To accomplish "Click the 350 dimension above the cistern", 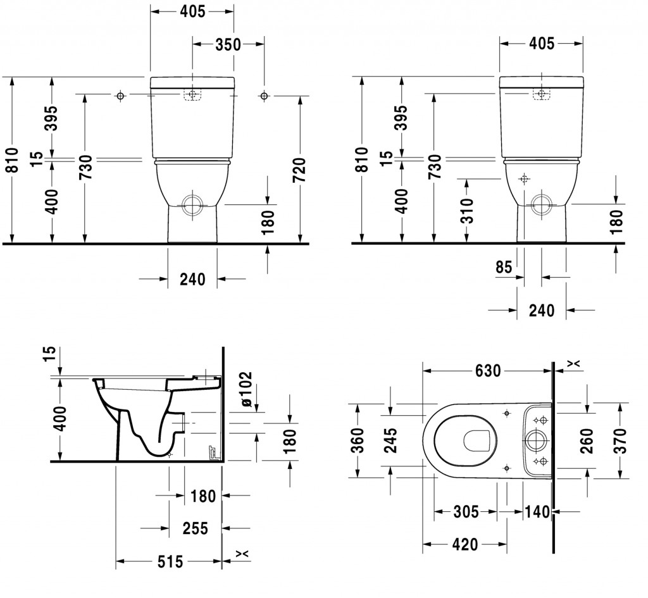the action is pyautogui.click(x=228, y=44).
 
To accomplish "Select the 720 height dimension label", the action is pyautogui.click(x=299, y=170).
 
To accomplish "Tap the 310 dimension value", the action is pyautogui.click(x=468, y=210).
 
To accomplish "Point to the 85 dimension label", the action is pyautogui.click(x=504, y=268).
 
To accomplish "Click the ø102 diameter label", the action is pyautogui.click(x=246, y=389).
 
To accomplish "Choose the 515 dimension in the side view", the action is pyautogui.click(x=170, y=561).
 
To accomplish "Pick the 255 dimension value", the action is pyautogui.click(x=195, y=528).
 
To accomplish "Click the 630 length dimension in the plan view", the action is pyautogui.click(x=488, y=371).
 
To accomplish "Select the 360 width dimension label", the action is pyautogui.click(x=358, y=440).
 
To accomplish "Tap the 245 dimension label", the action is pyautogui.click(x=390, y=440).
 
